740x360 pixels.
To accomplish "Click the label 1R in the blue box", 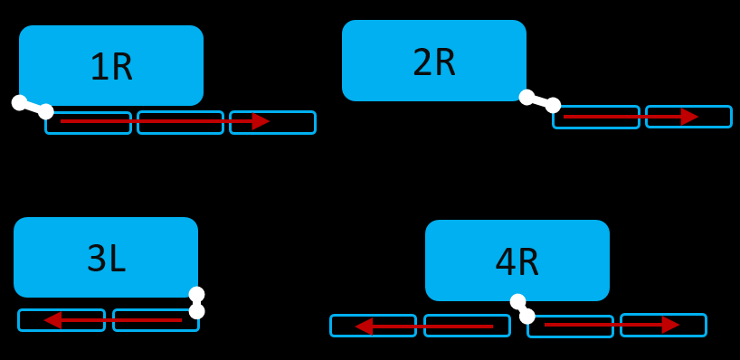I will click(111, 67).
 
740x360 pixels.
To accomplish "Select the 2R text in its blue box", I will click(434, 62).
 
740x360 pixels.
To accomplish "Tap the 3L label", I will click(106, 259).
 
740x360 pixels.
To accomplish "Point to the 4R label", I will click(517, 262).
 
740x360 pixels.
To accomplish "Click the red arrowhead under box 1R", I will click(261, 121).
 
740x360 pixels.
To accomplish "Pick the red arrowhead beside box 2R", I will click(689, 117).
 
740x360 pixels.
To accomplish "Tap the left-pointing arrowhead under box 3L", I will click(52, 320).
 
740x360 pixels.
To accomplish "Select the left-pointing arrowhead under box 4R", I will click(364, 326).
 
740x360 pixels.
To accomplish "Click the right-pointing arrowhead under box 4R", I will click(670, 325).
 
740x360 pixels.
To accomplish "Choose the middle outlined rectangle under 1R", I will click(180, 122).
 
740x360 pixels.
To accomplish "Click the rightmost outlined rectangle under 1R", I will click(272, 122).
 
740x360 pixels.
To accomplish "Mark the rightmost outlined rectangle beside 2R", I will click(688, 117).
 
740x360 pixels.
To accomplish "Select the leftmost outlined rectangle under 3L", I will click(62, 320).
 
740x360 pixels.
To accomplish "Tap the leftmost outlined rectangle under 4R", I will click(373, 326).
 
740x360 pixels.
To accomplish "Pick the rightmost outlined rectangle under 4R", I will click(663, 325).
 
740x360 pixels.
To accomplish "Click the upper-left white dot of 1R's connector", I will click(19, 102).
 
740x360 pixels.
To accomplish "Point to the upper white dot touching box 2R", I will click(527, 97).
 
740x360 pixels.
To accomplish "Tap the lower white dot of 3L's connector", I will click(196, 311).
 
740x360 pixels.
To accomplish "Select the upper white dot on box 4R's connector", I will click(517, 301).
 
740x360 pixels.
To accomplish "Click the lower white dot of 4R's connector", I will click(527, 317).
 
